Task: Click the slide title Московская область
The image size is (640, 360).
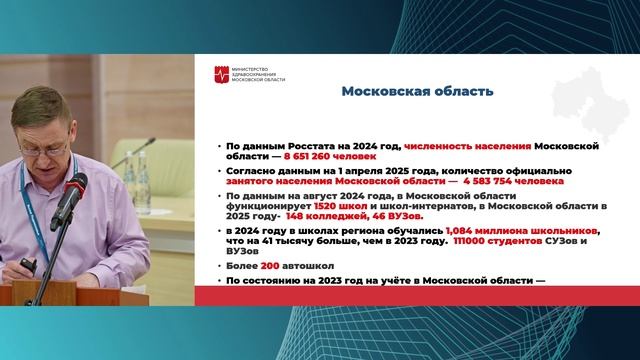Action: [417, 91]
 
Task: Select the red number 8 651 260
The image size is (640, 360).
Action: [299, 157]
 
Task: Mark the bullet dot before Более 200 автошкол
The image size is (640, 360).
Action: [219, 267]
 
